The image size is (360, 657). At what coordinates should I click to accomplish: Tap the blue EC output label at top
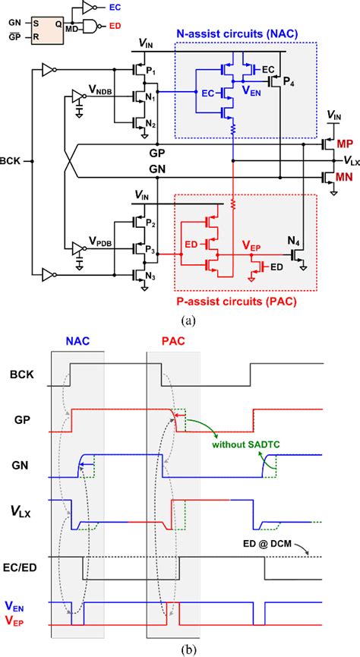pyautogui.click(x=113, y=6)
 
